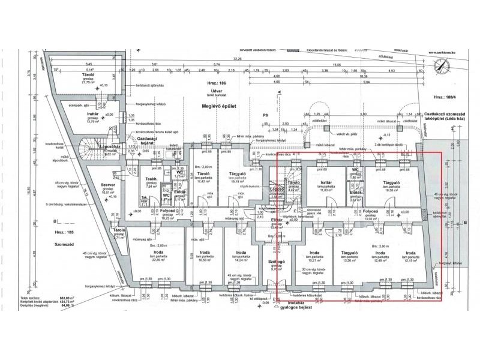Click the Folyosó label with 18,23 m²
tap(167, 213)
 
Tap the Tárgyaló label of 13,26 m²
tap(350, 256)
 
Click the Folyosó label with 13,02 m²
tap(370, 214)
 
